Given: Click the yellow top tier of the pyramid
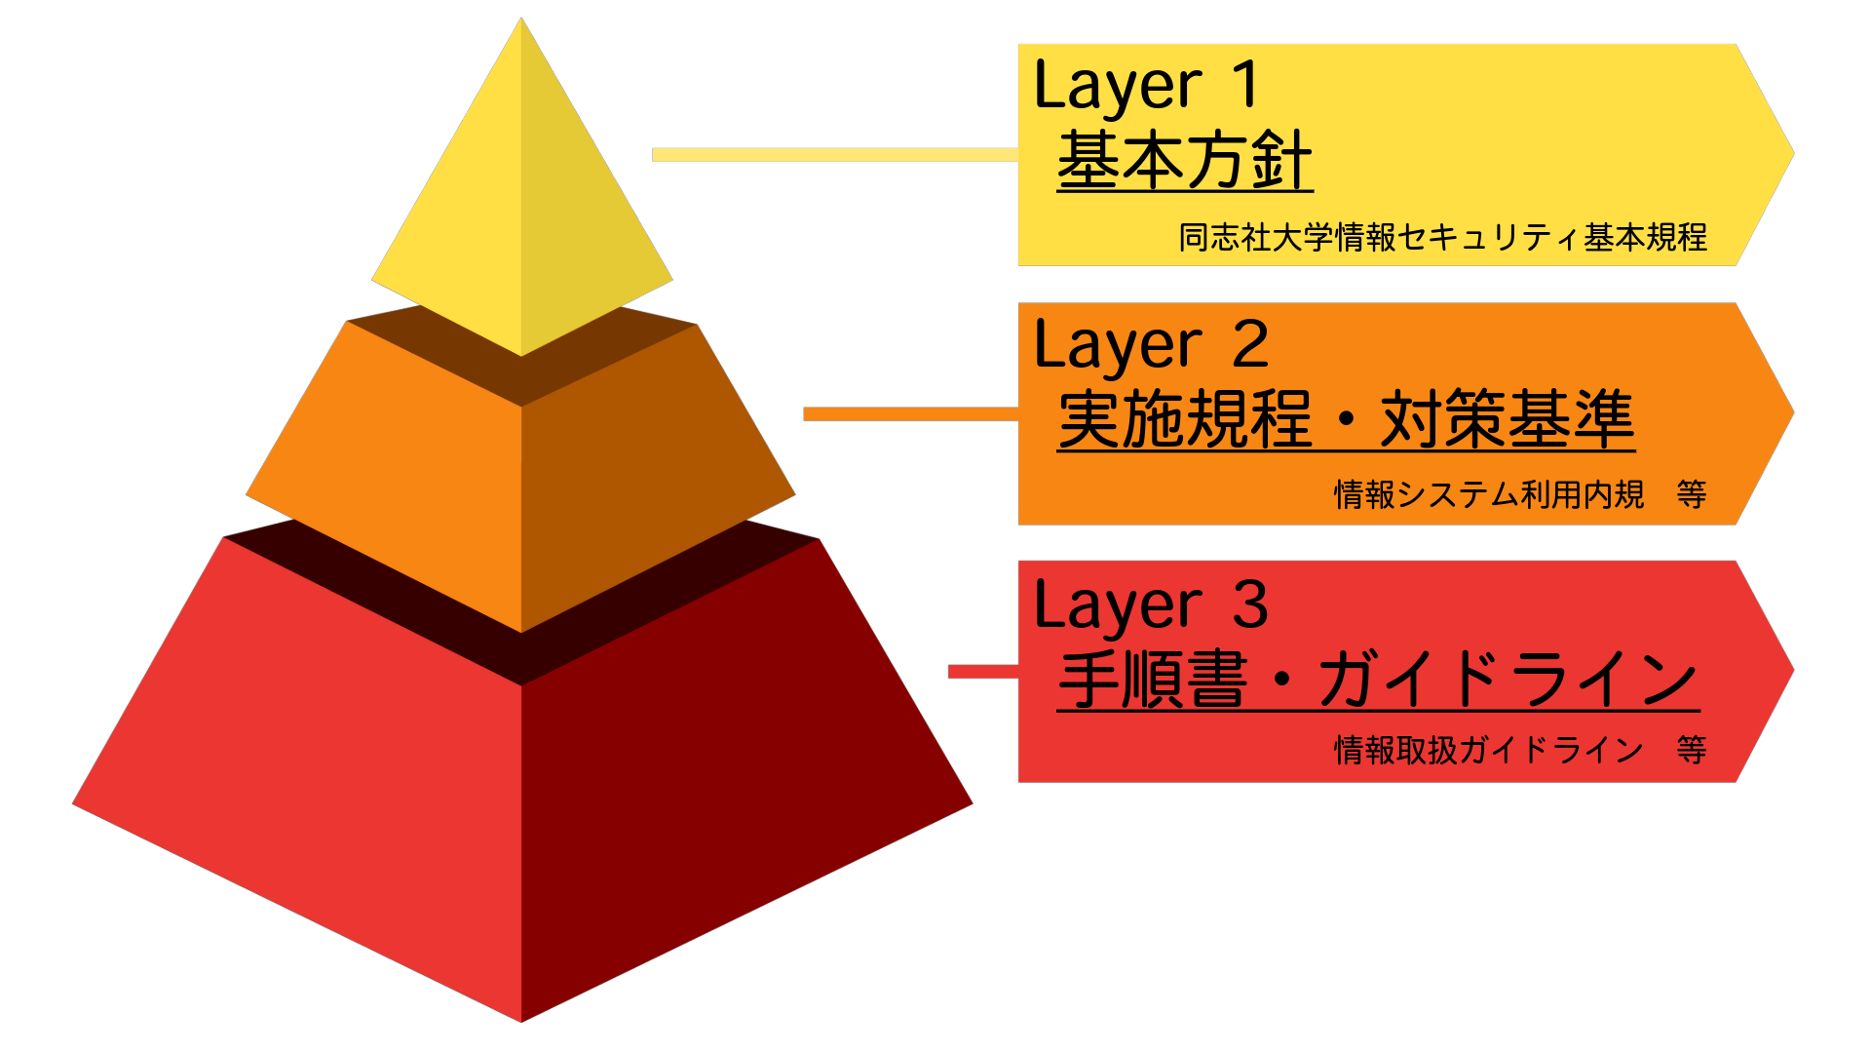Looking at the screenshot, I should click(521, 214).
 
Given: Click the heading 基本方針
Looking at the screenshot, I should click(1185, 160).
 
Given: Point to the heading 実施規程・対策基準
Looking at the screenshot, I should click(1346, 419).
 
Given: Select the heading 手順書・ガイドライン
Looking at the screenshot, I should click(1378, 679).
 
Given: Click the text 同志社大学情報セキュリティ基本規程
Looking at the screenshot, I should click(1442, 237).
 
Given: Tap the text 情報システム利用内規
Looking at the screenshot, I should click(1489, 494).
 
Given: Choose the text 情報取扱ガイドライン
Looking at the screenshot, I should click(1489, 750).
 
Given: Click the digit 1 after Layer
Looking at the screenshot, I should click(1245, 85).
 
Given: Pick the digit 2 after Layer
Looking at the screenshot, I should click(1250, 344).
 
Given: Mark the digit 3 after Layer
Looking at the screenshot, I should click(1250, 604).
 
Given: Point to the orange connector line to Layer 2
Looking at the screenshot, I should click(910, 414).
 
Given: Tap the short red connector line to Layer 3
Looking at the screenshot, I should click(983, 672).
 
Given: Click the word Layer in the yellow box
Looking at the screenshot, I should click(1118, 88).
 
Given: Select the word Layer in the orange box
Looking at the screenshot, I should click(1118, 347).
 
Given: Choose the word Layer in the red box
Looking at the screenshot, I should click(1118, 607).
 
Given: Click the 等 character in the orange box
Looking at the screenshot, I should click(1692, 494).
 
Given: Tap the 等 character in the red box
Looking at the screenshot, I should click(1692, 750).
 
